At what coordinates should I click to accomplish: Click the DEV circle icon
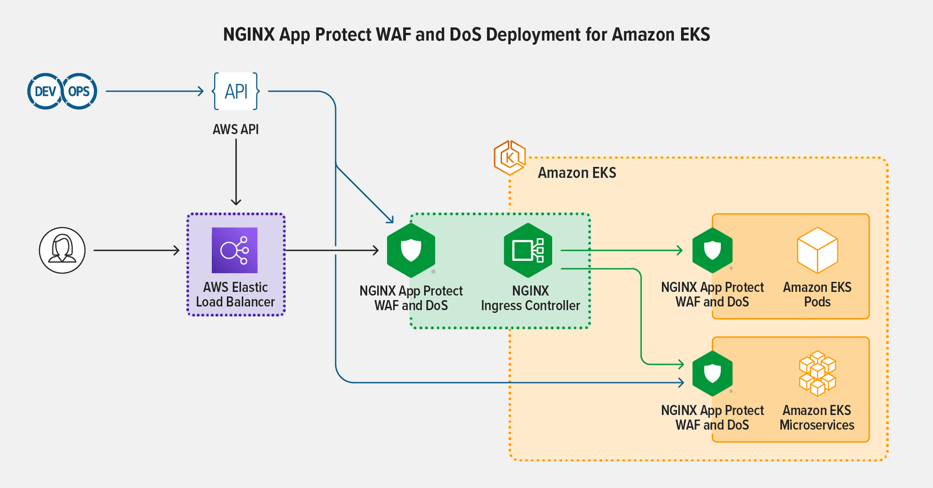45,92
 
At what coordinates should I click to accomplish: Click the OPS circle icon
79,92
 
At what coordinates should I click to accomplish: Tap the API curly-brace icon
236,92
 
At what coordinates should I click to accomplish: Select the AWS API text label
236,130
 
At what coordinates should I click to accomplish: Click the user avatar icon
62,250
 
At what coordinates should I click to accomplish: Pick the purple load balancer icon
234,250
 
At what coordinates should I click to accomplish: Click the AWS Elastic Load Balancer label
236,295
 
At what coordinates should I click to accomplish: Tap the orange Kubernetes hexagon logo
510,158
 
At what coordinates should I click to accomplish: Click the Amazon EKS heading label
577,173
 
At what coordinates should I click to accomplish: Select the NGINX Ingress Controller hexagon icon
528,250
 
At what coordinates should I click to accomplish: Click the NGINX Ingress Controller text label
530,298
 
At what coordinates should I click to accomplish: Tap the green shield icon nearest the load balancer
411,250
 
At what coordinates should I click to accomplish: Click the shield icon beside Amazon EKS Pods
712,250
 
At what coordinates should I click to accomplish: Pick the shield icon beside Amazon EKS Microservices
712,374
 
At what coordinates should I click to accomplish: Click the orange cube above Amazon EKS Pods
817,250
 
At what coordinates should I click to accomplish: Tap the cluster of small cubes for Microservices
817,374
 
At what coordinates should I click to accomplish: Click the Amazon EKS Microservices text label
816,418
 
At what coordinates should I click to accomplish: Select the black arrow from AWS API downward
236,172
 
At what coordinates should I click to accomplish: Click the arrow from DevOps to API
155,91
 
